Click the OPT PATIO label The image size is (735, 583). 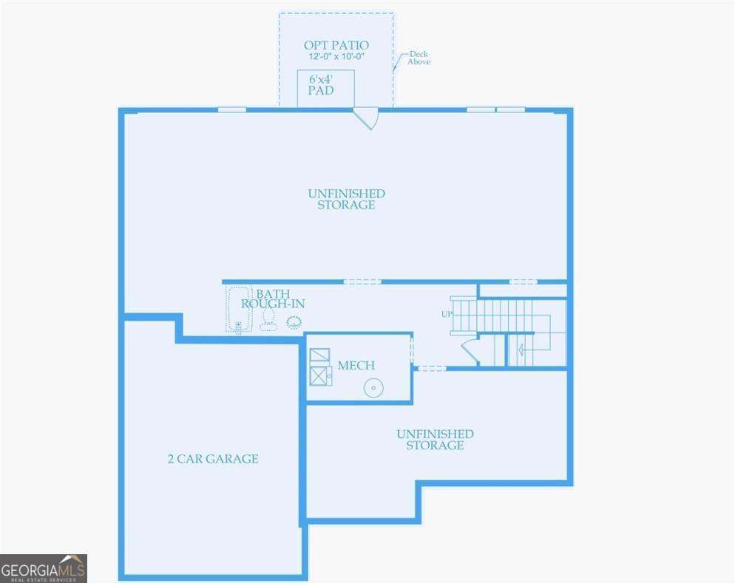(x=336, y=45)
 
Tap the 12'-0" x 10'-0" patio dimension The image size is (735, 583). (x=336, y=56)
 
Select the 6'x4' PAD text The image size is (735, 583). (x=321, y=85)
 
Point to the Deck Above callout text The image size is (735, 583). (x=419, y=58)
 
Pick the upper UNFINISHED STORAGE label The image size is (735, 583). (x=346, y=199)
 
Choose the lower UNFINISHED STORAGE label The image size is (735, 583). (x=435, y=440)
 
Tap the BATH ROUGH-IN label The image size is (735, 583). (x=273, y=299)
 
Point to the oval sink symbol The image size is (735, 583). (x=294, y=321)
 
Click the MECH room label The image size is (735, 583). (x=356, y=365)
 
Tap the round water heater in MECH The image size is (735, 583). (x=374, y=387)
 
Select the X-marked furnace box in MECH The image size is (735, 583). (x=321, y=376)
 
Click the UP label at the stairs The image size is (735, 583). (x=447, y=314)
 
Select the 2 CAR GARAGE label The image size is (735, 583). (x=213, y=459)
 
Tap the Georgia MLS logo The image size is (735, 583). (x=44, y=568)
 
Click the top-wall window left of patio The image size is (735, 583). (x=231, y=110)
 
